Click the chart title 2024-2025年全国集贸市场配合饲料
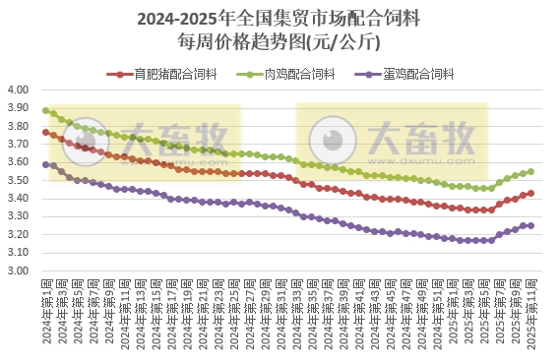(x=279, y=19)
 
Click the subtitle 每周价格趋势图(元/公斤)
(x=279, y=41)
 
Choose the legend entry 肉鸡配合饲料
(x=299, y=74)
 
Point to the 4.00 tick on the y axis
(x=20, y=90)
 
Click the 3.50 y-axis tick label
(x=20, y=181)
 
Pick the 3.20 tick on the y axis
(x=20, y=235)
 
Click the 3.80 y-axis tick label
(x=20, y=126)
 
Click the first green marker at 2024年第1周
(x=46, y=110)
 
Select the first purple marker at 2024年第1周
(x=46, y=164)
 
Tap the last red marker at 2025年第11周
(x=531, y=193)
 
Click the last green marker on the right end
(x=531, y=171)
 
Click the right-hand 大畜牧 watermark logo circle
(x=325, y=136)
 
